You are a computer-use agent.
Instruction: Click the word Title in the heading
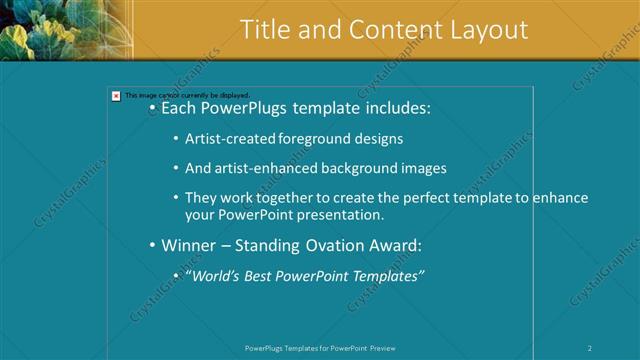[x=265, y=30]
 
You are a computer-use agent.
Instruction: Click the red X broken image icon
[x=116, y=96]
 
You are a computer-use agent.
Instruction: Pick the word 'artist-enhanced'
[x=269, y=168]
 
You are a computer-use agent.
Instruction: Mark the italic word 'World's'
[x=219, y=276]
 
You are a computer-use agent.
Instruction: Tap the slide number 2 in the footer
[x=590, y=348]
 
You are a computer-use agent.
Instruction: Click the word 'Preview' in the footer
[x=383, y=348]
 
